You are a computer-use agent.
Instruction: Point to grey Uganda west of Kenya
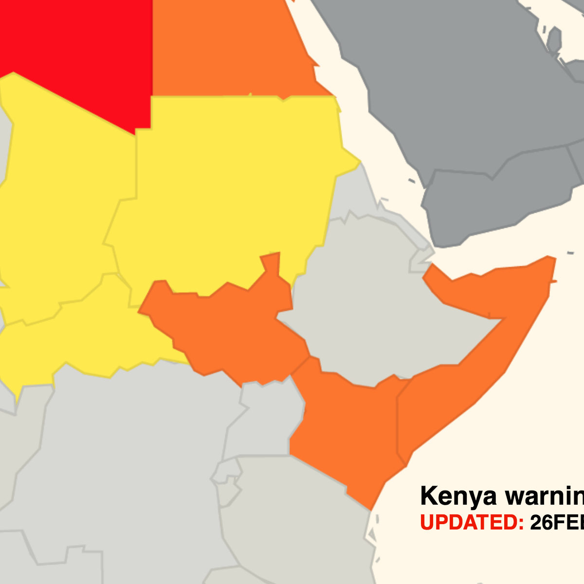coord(265,419)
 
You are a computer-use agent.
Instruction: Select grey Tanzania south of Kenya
coord(292,526)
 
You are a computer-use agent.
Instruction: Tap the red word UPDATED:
coord(472,522)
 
